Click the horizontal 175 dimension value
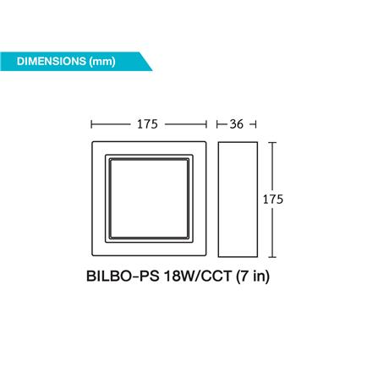(x=147, y=124)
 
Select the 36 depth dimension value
(x=236, y=124)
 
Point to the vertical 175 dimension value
(x=272, y=200)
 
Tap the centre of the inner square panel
(x=147, y=199)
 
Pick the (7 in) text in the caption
(x=252, y=276)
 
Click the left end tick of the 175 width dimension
(x=91, y=124)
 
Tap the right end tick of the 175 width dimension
(x=205, y=124)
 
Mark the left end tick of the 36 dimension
(x=218, y=124)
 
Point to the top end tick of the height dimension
(x=272, y=142)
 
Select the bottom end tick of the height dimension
(x=272, y=256)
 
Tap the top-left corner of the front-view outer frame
(x=92, y=143)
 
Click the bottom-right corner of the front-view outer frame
(x=205, y=256)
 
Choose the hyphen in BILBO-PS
(x=136, y=277)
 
